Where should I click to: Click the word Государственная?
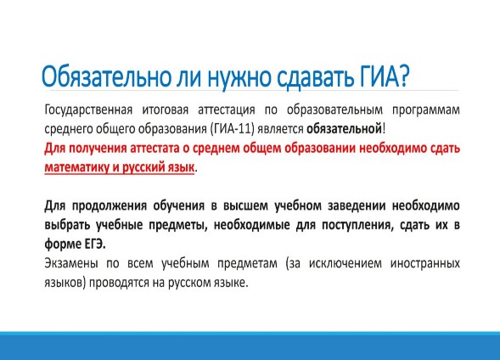click(88, 110)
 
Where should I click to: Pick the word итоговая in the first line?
click(166, 110)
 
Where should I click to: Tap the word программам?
click(425, 110)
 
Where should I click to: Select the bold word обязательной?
click(344, 129)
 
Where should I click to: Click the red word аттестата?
click(154, 149)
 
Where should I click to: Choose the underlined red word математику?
click(77, 167)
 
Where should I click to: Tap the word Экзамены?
click(71, 263)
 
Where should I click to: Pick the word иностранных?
click(425, 263)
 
